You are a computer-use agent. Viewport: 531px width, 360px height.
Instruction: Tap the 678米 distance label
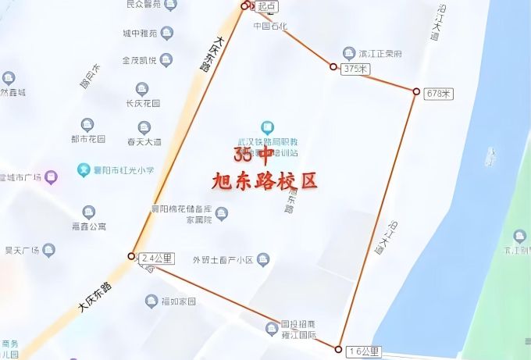pyautogui.click(x=438, y=94)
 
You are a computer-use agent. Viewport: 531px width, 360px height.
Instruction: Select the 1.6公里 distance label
pyautogui.click(x=364, y=352)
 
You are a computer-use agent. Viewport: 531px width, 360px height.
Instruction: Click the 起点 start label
pyautogui.click(x=266, y=6)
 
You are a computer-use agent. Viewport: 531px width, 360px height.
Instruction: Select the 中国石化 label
pyautogui.click(x=271, y=26)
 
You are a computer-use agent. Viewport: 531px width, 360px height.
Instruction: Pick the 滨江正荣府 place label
pyautogui.click(x=380, y=55)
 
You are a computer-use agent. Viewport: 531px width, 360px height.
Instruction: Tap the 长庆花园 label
pyautogui.click(x=143, y=103)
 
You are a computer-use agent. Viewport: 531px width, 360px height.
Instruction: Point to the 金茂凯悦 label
pyautogui.click(x=140, y=60)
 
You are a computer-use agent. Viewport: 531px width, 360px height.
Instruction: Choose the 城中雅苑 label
pyautogui.click(x=141, y=33)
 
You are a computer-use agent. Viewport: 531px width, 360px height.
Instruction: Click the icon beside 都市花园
pyautogui.click(x=87, y=125)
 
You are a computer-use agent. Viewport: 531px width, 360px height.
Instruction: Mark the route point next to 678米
pyautogui.click(x=416, y=91)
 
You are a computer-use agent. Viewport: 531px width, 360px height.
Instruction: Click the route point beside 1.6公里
pyautogui.click(x=339, y=349)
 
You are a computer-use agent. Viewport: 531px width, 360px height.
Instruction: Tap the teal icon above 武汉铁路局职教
pyautogui.click(x=268, y=127)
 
